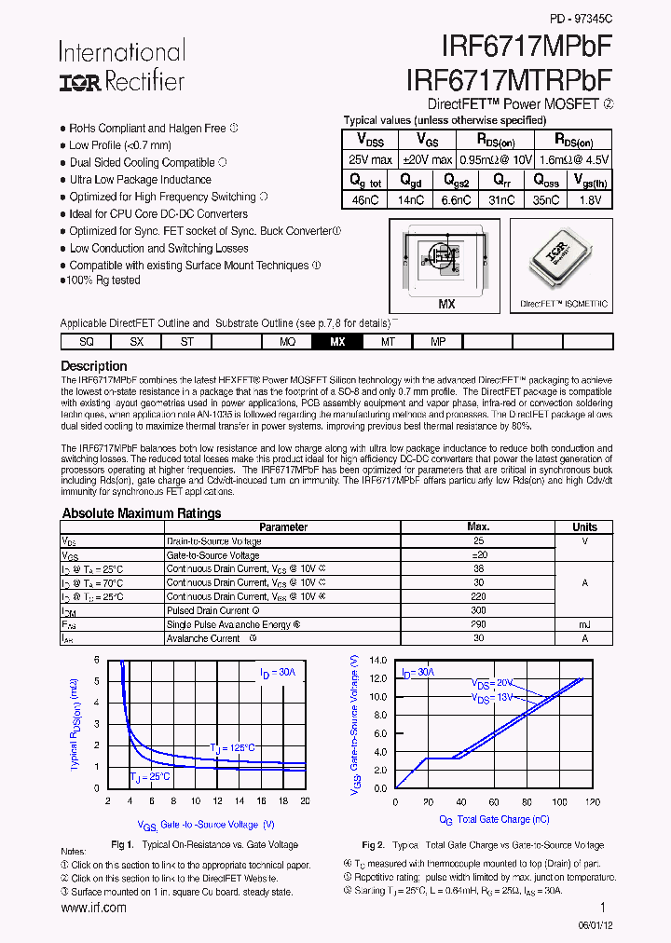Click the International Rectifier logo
[x=121, y=66]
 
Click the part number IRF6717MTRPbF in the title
[x=510, y=77]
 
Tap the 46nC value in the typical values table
[x=365, y=199]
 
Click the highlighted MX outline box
[x=337, y=342]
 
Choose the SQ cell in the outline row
[x=86, y=342]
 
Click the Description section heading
[x=93, y=366]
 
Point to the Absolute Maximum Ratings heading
[x=141, y=513]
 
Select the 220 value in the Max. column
[x=478, y=596]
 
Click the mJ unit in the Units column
[x=584, y=624]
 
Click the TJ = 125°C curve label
[x=231, y=747]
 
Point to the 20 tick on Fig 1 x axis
[x=305, y=800]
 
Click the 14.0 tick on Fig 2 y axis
[x=378, y=660]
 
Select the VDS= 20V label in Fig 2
[x=492, y=683]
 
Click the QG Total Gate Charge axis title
[x=494, y=819]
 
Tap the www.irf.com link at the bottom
[x=93, y=908]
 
